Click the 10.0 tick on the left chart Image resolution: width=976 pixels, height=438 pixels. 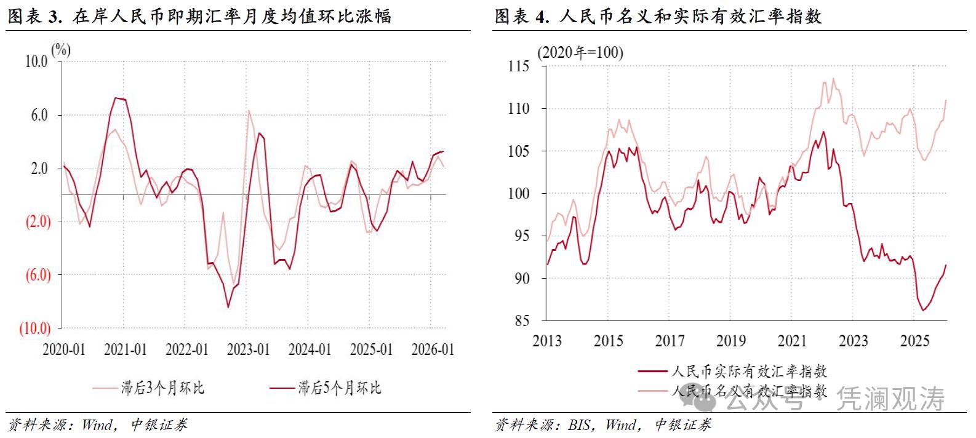click(x=36, y=62)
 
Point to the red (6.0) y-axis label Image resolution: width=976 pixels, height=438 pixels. click(x=38, y=275)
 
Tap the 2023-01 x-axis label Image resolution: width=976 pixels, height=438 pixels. click(x=248, y=349)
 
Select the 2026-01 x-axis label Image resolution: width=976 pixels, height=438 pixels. click(x=433, y=349)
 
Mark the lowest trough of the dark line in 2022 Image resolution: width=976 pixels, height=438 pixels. click(x=228, y=307)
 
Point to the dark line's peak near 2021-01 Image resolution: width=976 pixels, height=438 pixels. click(x=116, y=98)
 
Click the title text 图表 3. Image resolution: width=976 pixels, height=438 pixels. click(x=34, y=16)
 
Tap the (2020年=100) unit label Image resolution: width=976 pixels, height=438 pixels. click(x=580, y=53)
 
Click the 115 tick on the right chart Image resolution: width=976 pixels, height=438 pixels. click(x=518, y=66)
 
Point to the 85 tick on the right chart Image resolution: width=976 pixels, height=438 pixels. click(x=521, y=321)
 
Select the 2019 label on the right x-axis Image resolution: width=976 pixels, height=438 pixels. click(x=730, y=341)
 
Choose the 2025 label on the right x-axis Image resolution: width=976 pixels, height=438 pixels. click(x=914, y=341)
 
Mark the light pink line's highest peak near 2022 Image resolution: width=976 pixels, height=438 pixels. click(x=833, y=78)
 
